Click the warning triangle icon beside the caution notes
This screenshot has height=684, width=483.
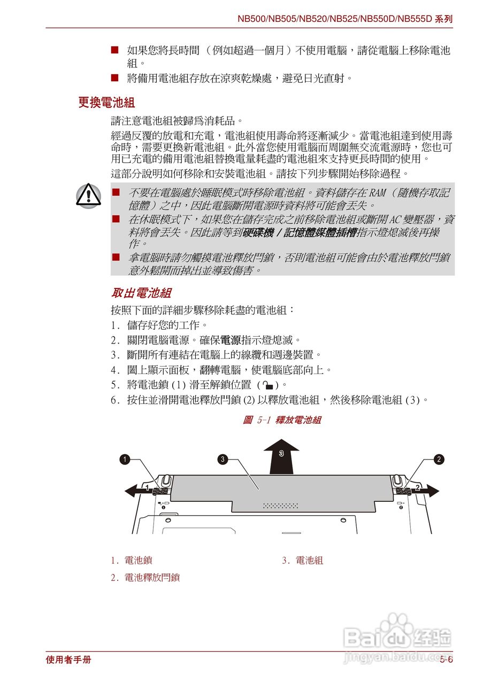click(x=88, y=196)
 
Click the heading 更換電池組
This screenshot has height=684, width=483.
click(x=106, y=103)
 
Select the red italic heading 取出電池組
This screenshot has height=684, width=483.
click(x=141, y=293)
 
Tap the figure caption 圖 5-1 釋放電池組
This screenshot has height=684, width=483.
click(x=282, y=420)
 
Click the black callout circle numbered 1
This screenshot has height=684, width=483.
click(x=124, y=459)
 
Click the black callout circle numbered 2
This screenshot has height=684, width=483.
click(x=439, y=459)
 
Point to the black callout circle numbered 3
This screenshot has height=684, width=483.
click(x=223, y=459)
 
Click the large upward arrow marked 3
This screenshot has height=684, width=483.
click(x=281, y=457)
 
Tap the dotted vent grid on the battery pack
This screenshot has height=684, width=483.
click(x=281, y=506)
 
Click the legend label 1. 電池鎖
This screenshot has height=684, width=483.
click(x=132, y=561)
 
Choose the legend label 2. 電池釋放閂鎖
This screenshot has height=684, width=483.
click(x=145, y=578)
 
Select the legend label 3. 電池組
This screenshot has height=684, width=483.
click(x=302, y=561)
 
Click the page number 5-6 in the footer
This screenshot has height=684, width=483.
click(x=446, y=660)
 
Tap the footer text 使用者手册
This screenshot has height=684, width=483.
click(x=68, y=660)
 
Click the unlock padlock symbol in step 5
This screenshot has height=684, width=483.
click(x=269, y=385)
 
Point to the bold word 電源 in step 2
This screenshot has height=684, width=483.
click(x=231, y=340)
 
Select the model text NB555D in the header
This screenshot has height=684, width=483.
click(x=415, y=19)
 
